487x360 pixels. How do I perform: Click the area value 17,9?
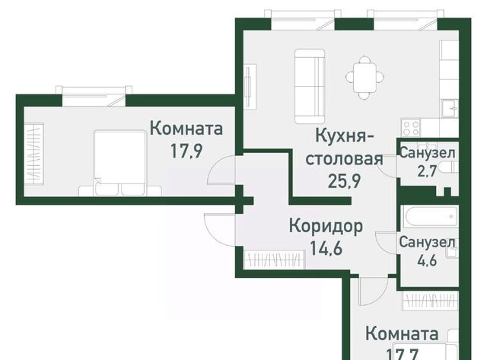tap(186, 151)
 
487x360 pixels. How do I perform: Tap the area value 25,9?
tap(344, 181)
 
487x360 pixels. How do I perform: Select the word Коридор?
tap(326, 227)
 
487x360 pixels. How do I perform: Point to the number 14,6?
tap(326, 248)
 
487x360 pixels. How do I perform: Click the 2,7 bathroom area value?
tap(427, 170)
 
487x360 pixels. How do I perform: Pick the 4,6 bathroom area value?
tap(427, 260)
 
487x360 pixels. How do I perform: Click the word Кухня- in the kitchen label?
tap(345, 136)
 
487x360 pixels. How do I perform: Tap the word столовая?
tap(344, 159)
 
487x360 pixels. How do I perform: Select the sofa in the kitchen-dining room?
tap(310, 86)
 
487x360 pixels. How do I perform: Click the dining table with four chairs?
tap(365, 78)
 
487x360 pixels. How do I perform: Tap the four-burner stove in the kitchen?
tap(411, 128)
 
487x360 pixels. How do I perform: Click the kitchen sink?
tap(450, 108)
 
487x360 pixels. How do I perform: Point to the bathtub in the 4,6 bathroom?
tap(430, 218)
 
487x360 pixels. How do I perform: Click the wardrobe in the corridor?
tap(274, 260)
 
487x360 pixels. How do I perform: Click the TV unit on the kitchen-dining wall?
tap(250, 86)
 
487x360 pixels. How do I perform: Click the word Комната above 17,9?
tap(186, 129)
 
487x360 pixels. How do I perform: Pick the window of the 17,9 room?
tap(94, 96)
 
